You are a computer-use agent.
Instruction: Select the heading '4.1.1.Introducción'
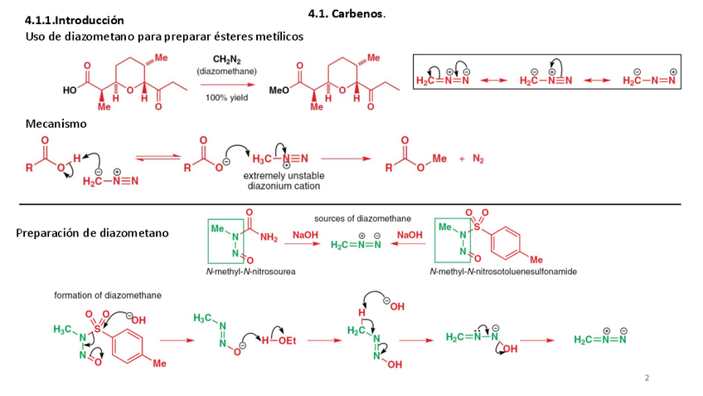[75, 20]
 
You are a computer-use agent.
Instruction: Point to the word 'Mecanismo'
[56, 123]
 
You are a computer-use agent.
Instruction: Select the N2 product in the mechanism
[478, 158]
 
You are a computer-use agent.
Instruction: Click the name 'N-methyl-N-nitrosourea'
[251, 271]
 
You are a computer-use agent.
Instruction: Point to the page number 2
[647, 378]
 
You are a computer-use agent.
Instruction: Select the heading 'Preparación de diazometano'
[92, 232]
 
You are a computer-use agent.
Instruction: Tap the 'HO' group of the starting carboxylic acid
[73, 89]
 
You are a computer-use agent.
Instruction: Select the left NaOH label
[305, 236]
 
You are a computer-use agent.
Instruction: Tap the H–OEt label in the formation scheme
[278, 340]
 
